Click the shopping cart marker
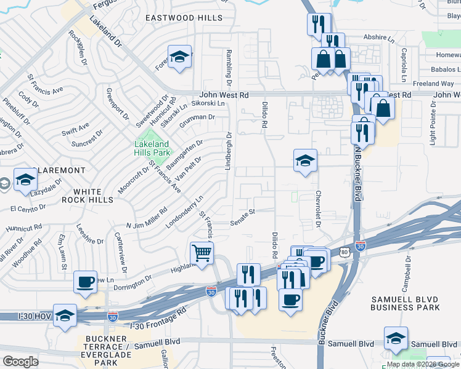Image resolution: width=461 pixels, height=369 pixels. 202,253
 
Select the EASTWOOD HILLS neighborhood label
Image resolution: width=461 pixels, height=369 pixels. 184,18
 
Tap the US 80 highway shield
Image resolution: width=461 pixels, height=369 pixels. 343,252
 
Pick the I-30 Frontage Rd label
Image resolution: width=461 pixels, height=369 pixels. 158,319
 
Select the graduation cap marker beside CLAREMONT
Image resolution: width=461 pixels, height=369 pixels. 25,180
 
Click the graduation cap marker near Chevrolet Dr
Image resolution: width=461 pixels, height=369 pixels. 305,161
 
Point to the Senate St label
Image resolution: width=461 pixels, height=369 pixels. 243,216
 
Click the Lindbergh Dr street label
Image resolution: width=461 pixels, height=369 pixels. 229,151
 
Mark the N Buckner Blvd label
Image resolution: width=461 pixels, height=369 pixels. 357,173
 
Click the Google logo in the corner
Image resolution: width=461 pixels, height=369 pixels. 20,362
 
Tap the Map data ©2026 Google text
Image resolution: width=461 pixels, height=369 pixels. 422,364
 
